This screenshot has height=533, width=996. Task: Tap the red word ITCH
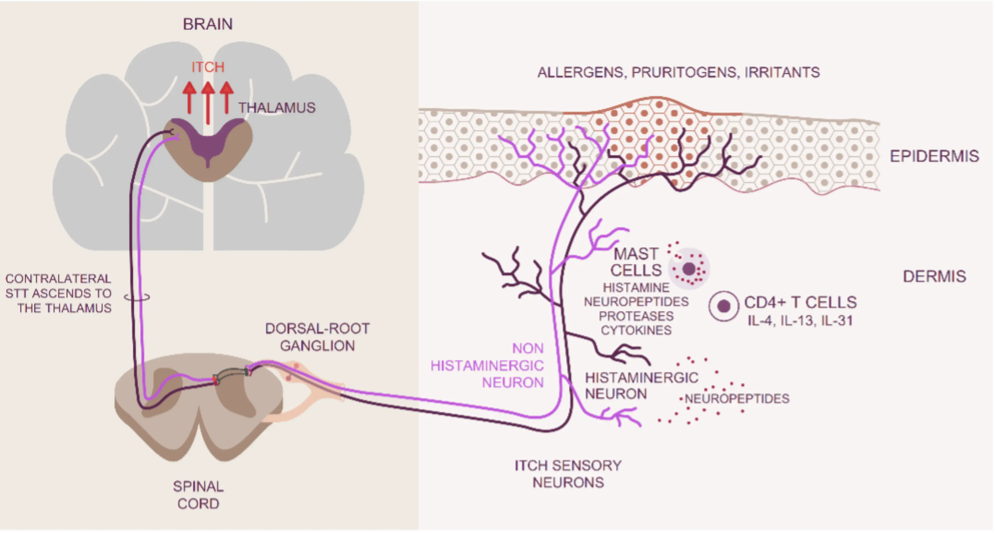[208, 67]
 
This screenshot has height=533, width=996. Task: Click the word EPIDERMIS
[934, 156]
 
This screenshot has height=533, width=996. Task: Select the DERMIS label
[934, 276]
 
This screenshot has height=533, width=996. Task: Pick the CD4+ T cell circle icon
[723, 306]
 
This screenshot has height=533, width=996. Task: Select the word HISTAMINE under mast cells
[636, 288]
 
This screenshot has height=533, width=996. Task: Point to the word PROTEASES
[636, 316]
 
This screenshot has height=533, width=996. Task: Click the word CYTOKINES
[636, 330]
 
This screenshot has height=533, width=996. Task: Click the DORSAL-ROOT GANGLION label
[317, 337]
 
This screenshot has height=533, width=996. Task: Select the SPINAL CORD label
[198, 495]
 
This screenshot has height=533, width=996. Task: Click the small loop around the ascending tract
[137, 297]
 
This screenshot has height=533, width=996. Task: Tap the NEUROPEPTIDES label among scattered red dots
[737, 398]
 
